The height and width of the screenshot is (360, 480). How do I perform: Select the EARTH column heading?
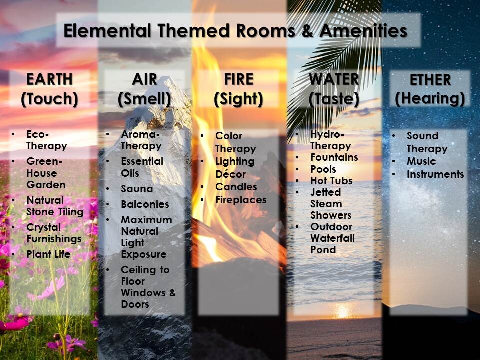point(49,79)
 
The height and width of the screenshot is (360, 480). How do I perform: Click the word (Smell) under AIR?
point(144,99)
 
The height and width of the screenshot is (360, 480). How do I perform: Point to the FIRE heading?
point(239,79)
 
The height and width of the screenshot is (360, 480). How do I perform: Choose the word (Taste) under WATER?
point(334,99)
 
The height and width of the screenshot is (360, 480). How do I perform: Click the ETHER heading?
point(430,80)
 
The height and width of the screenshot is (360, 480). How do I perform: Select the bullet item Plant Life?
point(48,254)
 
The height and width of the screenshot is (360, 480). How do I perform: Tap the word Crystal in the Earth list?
point(44,227)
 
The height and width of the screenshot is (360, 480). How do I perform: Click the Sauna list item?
point(137,189)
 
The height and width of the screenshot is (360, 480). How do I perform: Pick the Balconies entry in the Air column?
point(145,204)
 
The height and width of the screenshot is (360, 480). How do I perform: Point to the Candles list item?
point(236,186)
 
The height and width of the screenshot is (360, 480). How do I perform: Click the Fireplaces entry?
point(241,200)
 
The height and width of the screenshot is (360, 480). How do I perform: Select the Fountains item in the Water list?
point(334,157)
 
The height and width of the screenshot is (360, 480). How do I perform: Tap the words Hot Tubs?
point(331,181)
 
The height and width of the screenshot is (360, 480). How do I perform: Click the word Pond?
point(323,250)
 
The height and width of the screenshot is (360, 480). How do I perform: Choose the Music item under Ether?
point(421,161)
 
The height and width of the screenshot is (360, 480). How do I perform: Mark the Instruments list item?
point(435,174)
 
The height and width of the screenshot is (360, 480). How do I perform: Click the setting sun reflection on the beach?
point(342,310)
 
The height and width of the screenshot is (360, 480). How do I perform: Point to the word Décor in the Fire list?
point(231,174)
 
